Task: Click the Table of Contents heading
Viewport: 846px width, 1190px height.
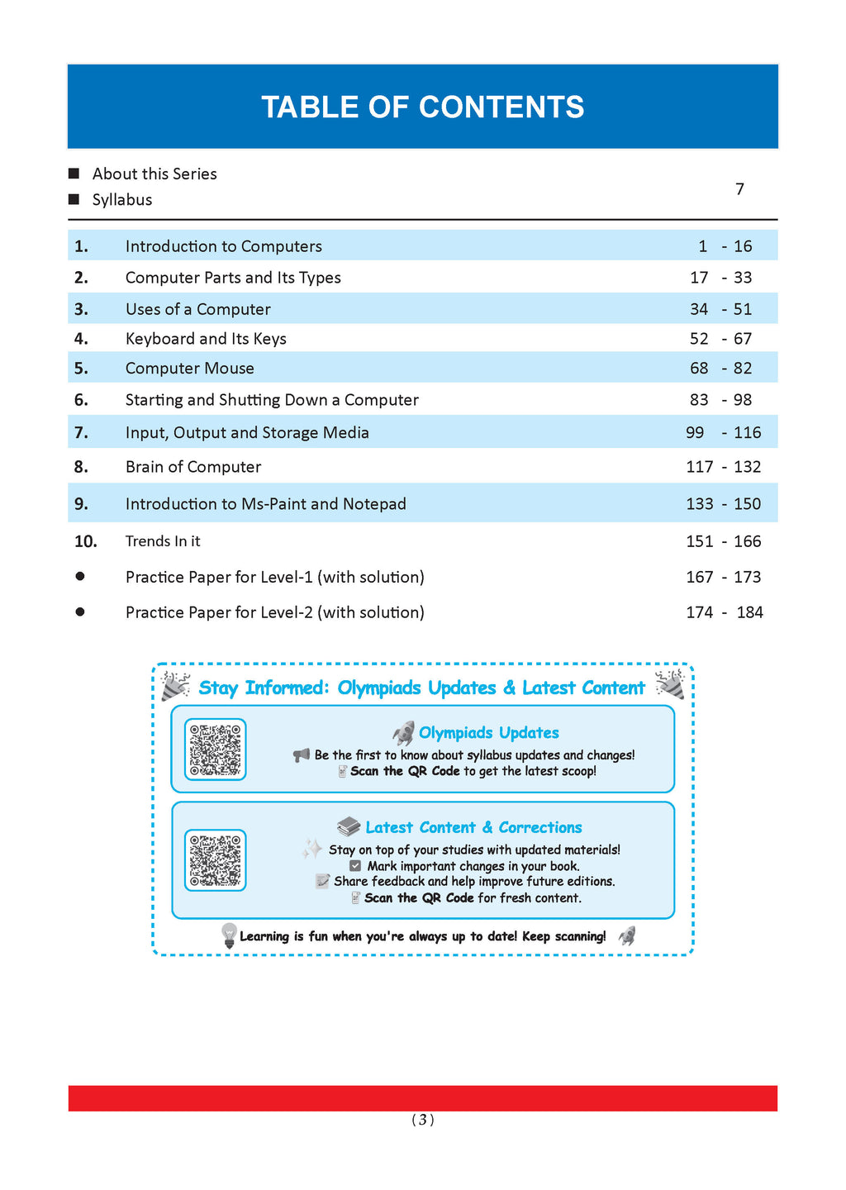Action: tap(422, 107)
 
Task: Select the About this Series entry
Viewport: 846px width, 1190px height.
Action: tap(154, 174)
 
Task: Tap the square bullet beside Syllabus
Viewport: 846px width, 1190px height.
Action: tap(74, 199)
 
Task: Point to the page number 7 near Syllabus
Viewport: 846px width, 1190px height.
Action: tap(739, 189)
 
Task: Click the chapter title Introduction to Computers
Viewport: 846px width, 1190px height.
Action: tap(223, 246)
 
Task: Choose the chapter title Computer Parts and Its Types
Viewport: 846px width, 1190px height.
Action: tap(233, 278)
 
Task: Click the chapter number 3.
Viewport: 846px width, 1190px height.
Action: tap(81, 309)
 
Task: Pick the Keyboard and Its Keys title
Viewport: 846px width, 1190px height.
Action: tap(206, 339)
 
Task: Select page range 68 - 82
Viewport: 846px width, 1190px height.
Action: tap(720, 369)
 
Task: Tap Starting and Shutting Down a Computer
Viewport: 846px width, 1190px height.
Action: tap(272, 400)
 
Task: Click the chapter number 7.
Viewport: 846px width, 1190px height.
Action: tap(81, 433)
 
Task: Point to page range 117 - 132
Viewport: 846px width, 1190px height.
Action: tap(723, 467)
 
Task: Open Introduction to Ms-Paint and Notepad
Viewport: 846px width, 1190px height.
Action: tap(265, 504)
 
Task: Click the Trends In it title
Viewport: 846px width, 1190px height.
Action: tap(163, 541)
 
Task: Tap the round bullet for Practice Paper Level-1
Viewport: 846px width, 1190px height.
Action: tap(80, 577)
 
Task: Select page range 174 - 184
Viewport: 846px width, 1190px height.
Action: tap(724, 612)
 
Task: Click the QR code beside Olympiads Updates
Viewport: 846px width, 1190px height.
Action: tap(215, 750)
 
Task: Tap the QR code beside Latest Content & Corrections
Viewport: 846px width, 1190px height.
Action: tap(215, 860)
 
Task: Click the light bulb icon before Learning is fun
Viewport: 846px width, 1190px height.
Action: tap(229, 935)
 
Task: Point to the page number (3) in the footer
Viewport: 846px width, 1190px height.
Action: tap(422, 1121)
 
